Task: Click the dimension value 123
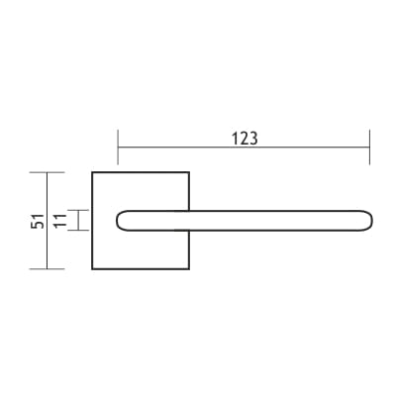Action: tap(245, 139)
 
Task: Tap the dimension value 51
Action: tap(38, 221)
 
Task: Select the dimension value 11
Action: tap(60, 221)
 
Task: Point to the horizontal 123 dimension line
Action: tap(244, 148)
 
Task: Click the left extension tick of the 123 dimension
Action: tap(118, 148)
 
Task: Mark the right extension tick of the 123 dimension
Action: tap(369, 148)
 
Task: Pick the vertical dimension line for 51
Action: tap(47, 221)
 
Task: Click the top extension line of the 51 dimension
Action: tap(47, 172)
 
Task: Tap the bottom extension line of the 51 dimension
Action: tap(47, 269)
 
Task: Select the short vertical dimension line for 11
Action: tap(78, 220)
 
